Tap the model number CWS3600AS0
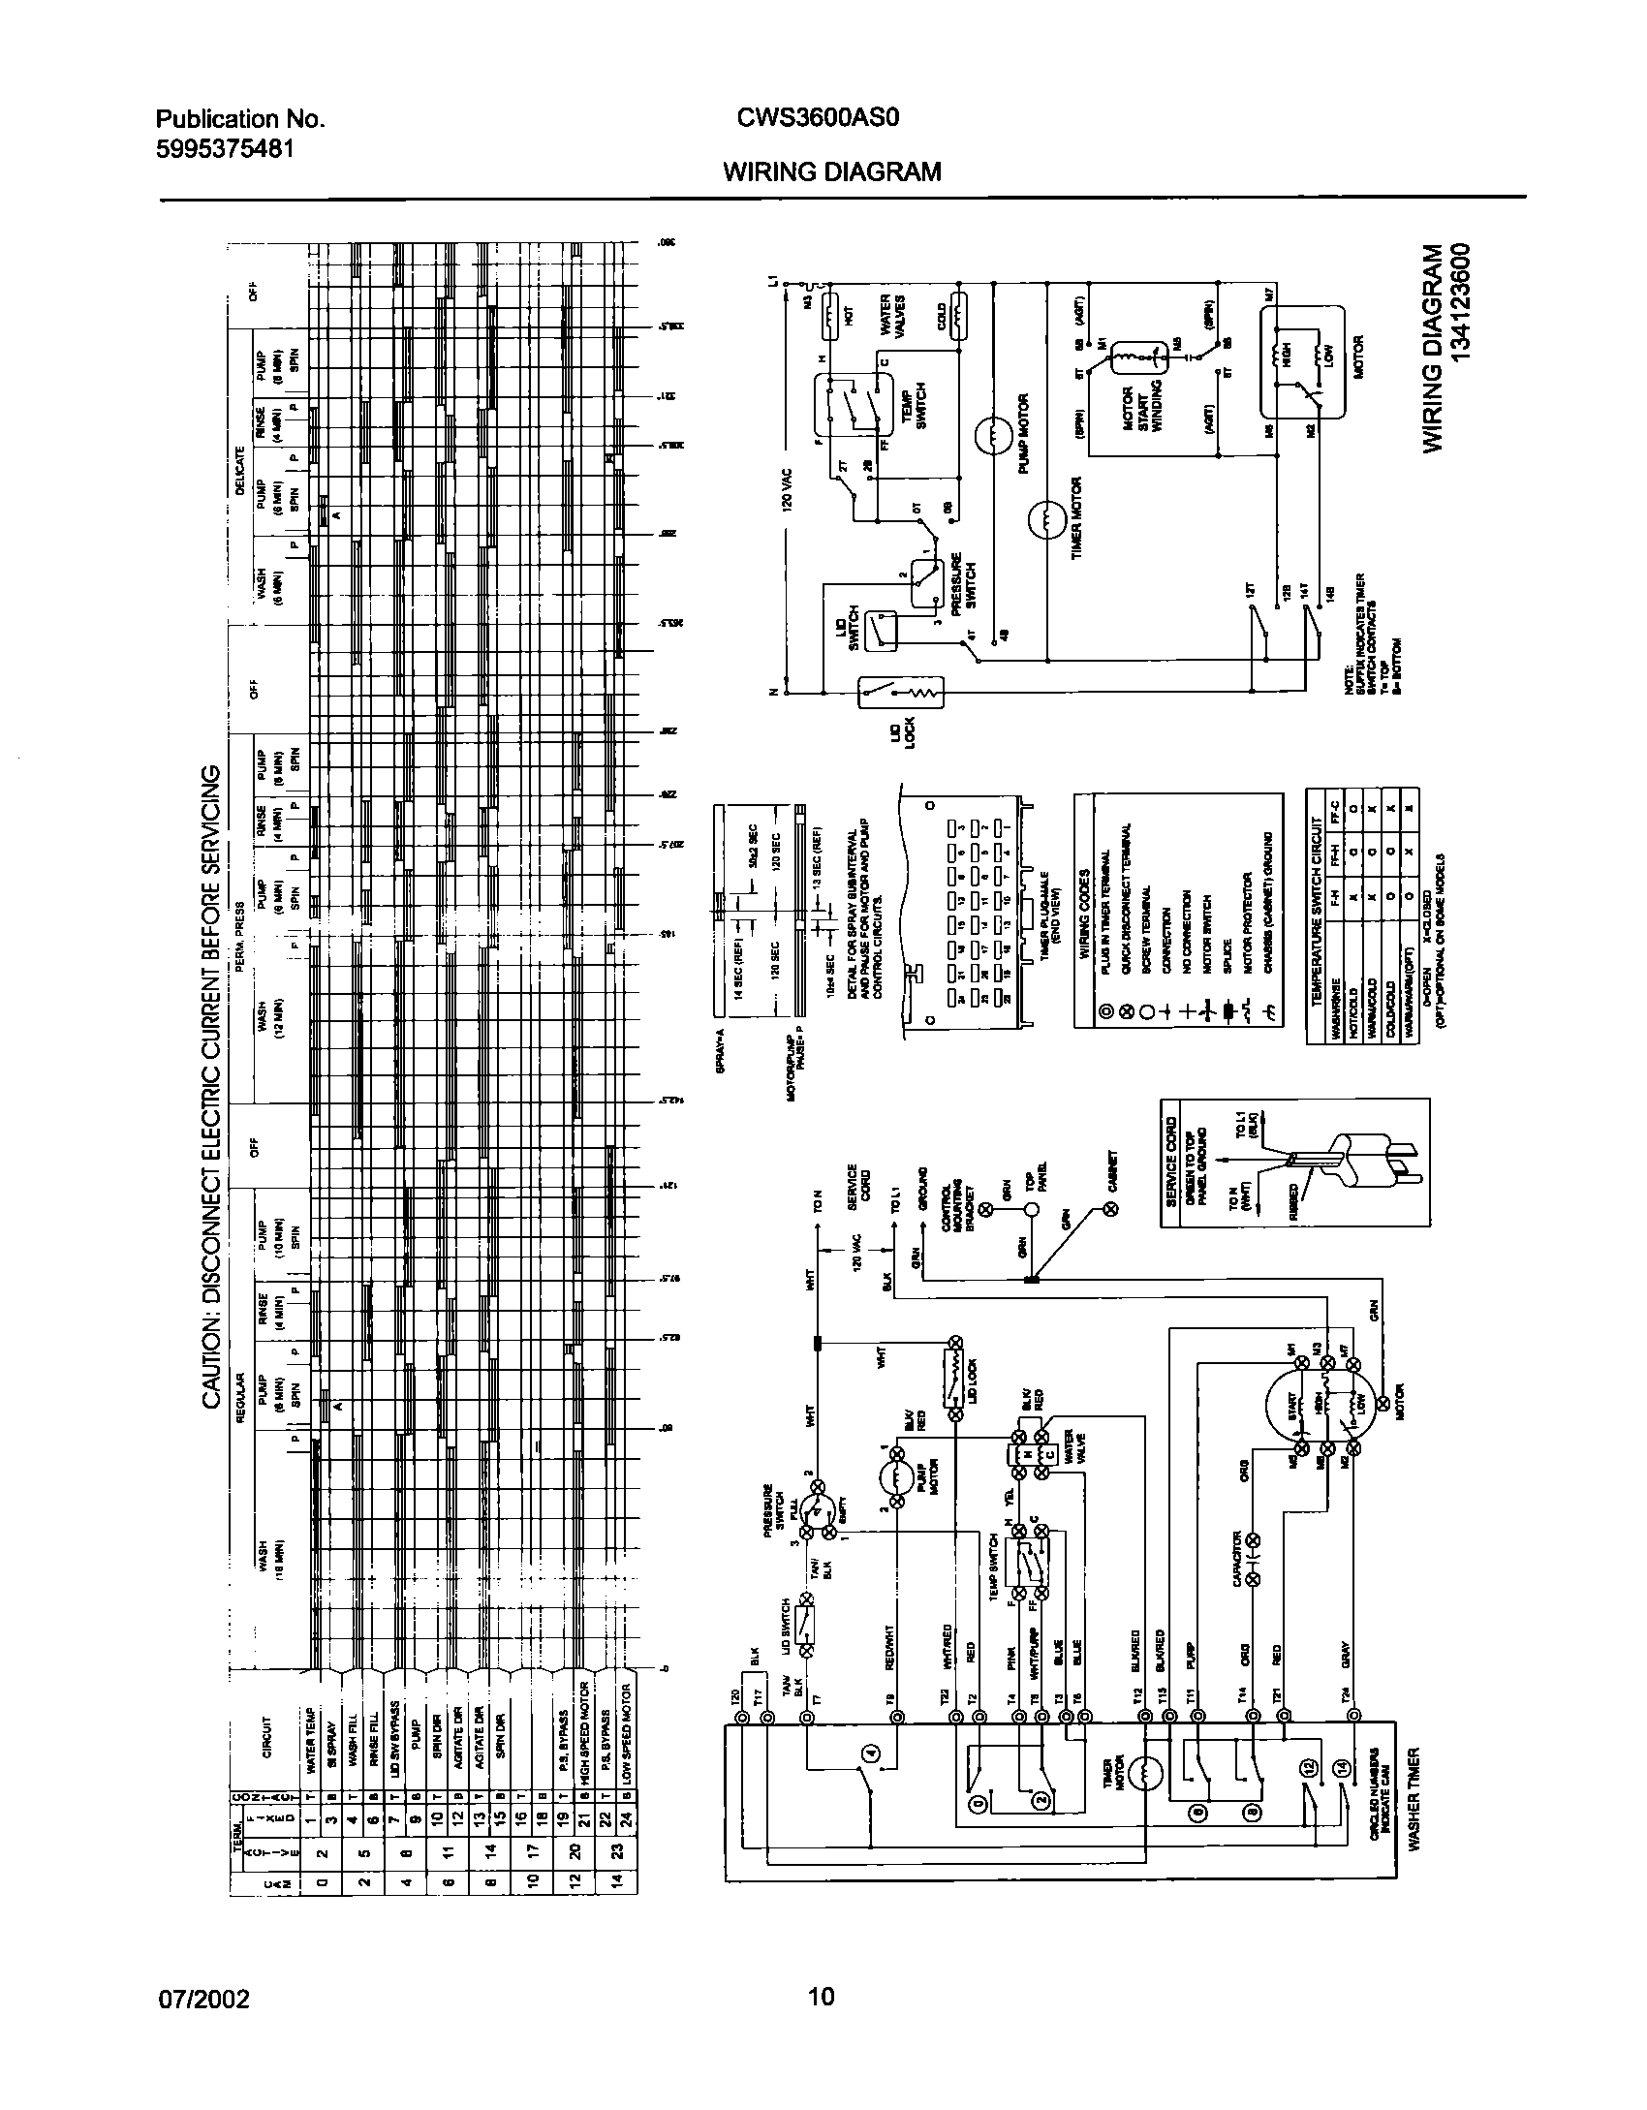tap(819, 118)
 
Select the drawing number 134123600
tap(1464, 303)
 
